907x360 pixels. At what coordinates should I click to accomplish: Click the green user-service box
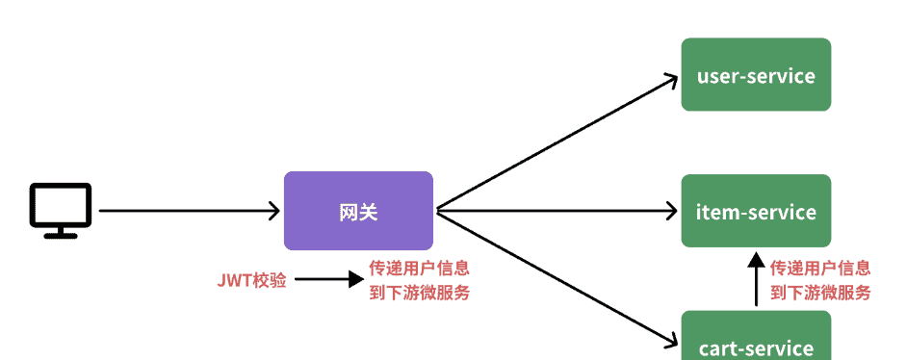pos(756,74)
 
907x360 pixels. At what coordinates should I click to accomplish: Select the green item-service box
pos(756,211)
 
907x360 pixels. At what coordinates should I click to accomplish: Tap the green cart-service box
pos(756,339)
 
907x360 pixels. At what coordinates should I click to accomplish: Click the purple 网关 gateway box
pos(358,211)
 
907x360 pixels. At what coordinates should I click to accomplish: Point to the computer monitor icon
pos(61,209)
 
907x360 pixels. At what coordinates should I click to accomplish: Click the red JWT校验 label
pos(251,281)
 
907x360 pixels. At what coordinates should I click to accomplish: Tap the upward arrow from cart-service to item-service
pos(756,279)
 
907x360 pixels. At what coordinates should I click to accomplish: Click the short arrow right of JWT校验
pos(328,281)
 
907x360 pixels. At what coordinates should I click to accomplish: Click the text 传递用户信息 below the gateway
pos(420,269)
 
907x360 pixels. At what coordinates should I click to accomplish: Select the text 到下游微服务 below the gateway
pos(420,293)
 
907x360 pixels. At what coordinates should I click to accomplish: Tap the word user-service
pos(756,76)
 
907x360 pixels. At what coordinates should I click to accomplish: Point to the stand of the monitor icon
pos(61,232)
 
